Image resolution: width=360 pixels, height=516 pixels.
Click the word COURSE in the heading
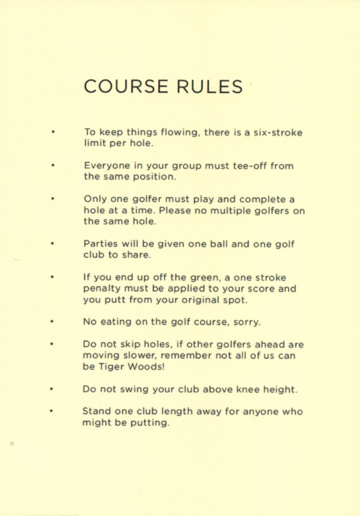click(x=126, y=86)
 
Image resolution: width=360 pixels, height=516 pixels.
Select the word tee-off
click(x=249, y=166)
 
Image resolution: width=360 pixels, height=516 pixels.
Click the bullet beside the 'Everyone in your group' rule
click(x=52, y=165)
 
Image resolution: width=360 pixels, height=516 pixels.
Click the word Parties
click(x=100, y=244)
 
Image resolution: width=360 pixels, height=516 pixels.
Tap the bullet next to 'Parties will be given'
click(x=52, y=243)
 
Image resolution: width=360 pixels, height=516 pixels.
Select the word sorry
click(x=247, y=322)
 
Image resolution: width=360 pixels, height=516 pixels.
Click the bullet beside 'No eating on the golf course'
click(x=52, y=321)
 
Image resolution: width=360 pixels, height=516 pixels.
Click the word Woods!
click(x=146, y=367)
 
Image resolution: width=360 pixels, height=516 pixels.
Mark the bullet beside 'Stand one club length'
click(x=52, y=411)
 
